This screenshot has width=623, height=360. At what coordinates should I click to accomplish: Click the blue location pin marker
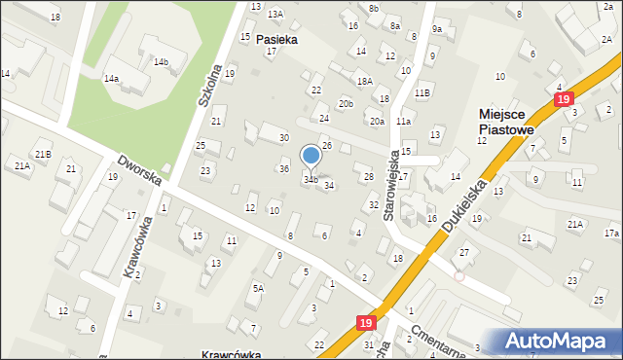311,155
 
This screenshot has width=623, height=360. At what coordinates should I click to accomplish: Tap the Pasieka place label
276,41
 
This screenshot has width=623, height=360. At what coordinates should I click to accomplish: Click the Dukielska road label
461,205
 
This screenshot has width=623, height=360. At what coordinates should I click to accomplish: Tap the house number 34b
311,180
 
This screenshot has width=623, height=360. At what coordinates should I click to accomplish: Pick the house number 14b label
161,62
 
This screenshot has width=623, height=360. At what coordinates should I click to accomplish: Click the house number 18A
364,81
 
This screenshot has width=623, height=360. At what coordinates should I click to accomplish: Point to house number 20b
346,103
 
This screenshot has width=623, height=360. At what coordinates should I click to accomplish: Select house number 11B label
421,92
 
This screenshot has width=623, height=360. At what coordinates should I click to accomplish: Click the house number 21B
43,154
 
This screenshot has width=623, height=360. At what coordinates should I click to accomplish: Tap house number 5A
258,288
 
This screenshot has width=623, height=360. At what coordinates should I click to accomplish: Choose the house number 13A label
275,14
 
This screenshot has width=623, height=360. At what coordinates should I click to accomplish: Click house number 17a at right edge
611,234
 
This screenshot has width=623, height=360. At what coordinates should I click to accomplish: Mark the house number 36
284,169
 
